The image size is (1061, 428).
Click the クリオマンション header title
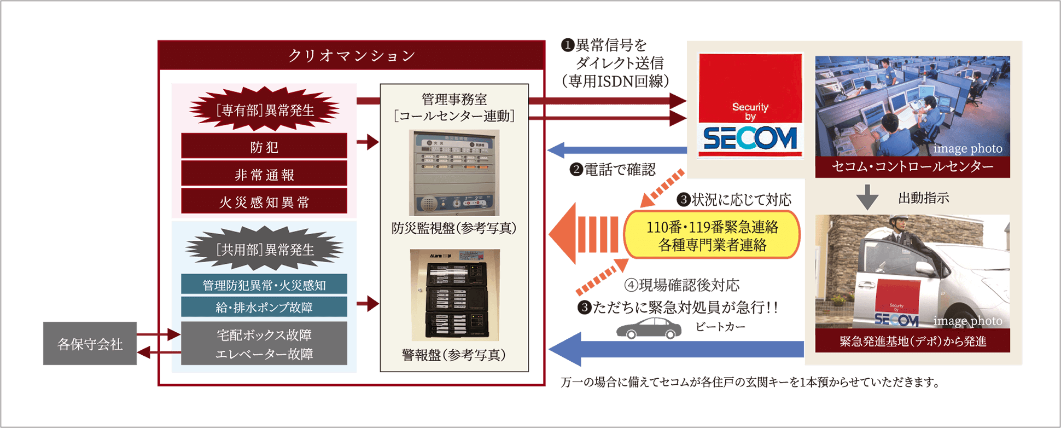[x=351, y=55]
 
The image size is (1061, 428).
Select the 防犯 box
[x=264, y=147]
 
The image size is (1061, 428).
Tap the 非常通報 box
[x=264, y=175]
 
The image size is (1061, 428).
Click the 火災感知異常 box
[x=264, y=202]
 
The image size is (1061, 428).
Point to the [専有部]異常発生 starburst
[x=264, y=109]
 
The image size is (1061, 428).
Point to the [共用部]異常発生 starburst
[x=264, y=249]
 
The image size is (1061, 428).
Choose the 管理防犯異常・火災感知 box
[x=264, y=285]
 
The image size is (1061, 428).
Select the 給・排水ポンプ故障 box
[x=264, y=307]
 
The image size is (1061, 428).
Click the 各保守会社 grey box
[x=90, y=344]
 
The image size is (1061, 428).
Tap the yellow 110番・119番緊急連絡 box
[x=712, y=235]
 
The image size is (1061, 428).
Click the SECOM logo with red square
[x=750, y=104]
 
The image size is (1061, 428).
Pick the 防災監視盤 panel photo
[x=454, y=172]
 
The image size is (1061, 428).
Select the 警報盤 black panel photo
[x=454, y=295]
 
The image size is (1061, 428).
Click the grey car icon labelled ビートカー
[x=649, y=328]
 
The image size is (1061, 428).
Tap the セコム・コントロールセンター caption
[x=912, y=166]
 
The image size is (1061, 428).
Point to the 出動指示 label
[x=924, y=198]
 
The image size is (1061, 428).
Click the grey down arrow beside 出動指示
[x=867, y=198]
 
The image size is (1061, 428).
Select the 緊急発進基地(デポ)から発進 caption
[x=912, y=341]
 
